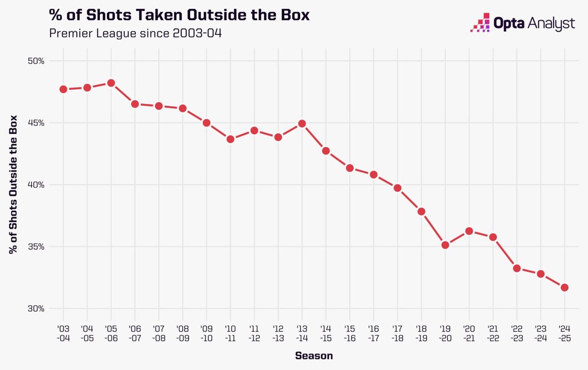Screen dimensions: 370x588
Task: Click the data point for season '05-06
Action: (111, 83)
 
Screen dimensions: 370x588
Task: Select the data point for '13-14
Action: (302, 123)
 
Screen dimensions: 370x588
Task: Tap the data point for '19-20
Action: (445, 245)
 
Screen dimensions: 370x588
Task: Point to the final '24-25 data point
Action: (564, 287)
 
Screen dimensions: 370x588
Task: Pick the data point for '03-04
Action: (63, 89)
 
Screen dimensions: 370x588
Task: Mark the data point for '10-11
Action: (230, 139)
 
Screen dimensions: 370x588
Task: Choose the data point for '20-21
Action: (469, 231)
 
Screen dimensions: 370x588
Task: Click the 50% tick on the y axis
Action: (36, 61)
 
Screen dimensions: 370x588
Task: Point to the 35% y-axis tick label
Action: (36, 247)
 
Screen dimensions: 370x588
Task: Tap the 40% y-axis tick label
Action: (36, 185)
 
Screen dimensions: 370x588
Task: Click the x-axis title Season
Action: (314, 356)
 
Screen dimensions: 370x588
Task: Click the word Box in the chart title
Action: (294, 15)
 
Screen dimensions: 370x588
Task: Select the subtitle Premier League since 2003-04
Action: (131, 34)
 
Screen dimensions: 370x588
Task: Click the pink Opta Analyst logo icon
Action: (480, 23)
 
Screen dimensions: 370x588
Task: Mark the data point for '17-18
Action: (397, 188)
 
